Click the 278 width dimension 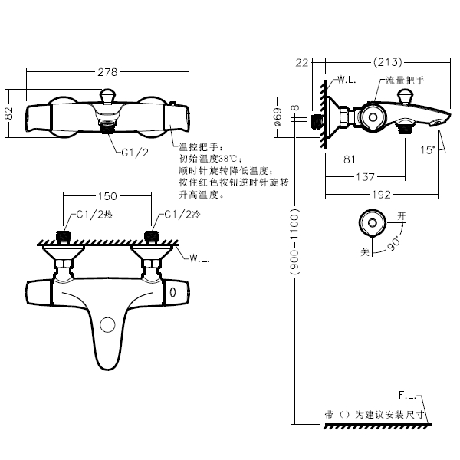pyautogui.click(x=108, y=72)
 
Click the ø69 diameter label pyautogui.click(x=278, y=119)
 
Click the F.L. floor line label pyautogui.click(x=408, y=395)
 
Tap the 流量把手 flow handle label pyautogui.click(x=405, y=80)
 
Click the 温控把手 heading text pyautogui.click(x=199, y=146)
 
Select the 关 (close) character pyautogui.click(x=365, y=250)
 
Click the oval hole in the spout pyautogui.click(x=107, y=325)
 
